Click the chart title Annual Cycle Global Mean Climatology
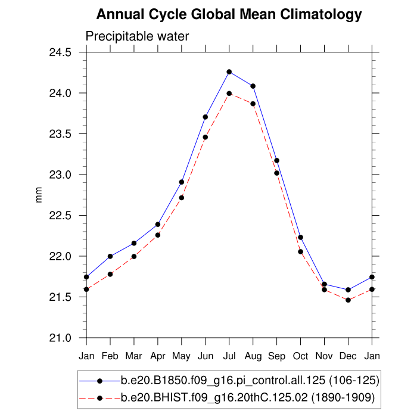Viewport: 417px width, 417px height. click(229, 14)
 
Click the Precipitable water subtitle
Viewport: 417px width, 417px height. click(137, 36)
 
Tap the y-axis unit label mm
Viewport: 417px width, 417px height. click(40, 195)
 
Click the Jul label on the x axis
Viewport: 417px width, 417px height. click(229, 356)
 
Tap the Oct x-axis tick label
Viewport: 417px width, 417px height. click(300, 356)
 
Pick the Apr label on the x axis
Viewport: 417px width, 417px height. click(157, 356)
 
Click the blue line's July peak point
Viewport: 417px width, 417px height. click(229, 71)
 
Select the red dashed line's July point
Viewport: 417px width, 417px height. click(229, 93)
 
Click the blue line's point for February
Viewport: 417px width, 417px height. click(110, 256)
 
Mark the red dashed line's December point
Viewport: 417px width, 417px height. click(348, 300)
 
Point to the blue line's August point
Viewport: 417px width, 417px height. click(253, 86)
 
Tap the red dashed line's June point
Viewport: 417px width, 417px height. click(205, 137)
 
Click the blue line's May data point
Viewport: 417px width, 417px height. click(181, 182)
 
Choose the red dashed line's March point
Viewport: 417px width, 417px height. click(134, 256)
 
